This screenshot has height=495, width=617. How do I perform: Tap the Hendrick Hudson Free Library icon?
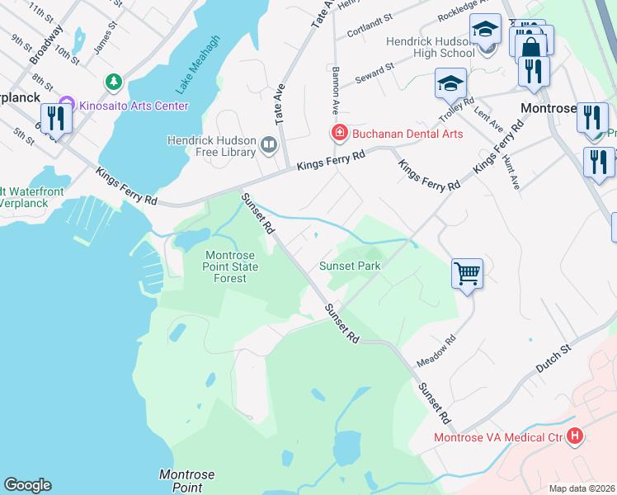269,146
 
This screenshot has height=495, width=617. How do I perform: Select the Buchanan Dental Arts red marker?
338,133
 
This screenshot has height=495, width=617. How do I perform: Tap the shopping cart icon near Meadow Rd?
467,272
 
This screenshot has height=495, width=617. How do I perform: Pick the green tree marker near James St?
113,82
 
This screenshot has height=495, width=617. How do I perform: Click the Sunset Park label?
351,266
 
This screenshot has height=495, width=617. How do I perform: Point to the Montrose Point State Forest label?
231,266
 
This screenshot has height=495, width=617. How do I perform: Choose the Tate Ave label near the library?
280,103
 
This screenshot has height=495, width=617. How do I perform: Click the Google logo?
27,485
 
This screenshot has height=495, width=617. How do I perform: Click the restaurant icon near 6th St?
55,118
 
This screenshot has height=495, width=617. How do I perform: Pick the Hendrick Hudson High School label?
429,47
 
